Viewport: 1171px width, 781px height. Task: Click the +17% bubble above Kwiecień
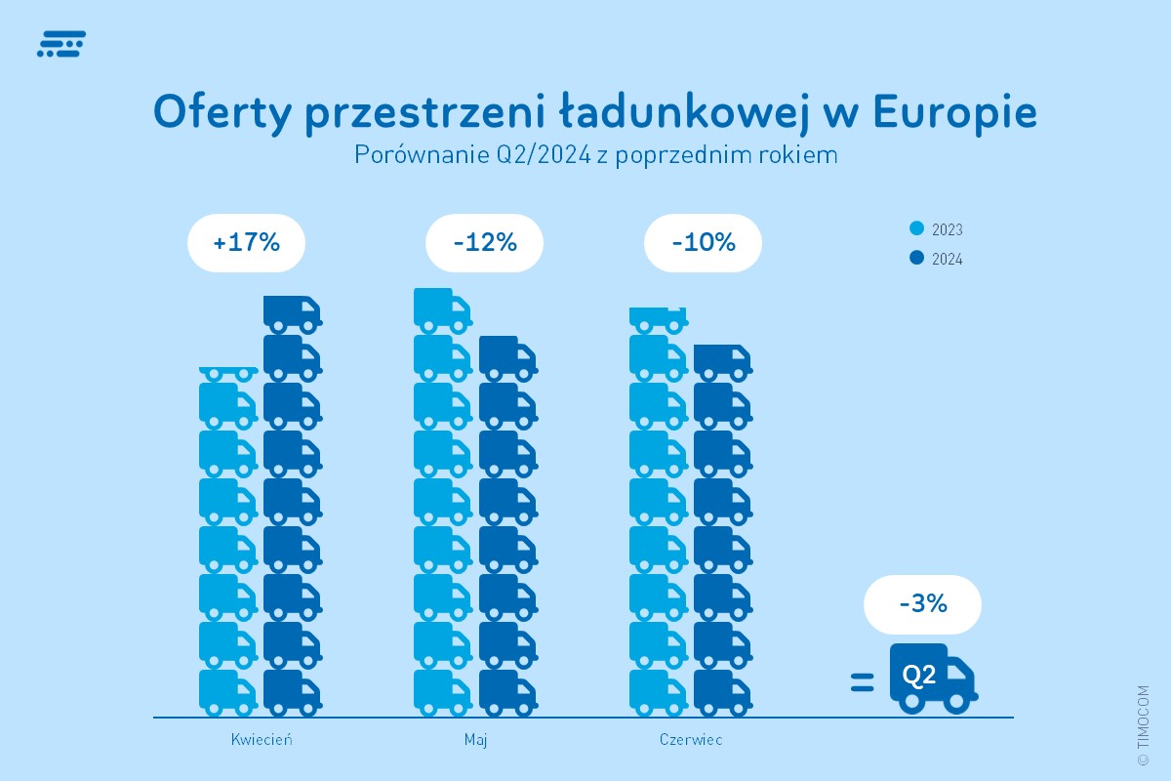pyautogui.click(x=246, y=242)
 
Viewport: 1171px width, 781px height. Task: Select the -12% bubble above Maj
pyautogui.click(x=484, y=242)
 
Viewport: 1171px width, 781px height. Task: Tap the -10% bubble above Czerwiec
pyautogui.click(x=703, y=242)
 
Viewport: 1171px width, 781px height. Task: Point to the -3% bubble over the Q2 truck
pyautogui.click(x=922, y=603)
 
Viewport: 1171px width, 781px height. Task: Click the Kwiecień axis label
pyautogui.click(x=262, y=739)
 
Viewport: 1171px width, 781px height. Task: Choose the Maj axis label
pyautogui.click(x=475, y=739)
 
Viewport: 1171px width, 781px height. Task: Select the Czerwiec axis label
pyautogui.click(x=691, y=739)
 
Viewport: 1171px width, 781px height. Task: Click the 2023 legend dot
pyautogui.click(x=916, y=229)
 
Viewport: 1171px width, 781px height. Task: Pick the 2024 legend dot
pyautogui.click(x=916, y=259)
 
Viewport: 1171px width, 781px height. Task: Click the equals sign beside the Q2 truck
pyautogui.click(x=862, y=682)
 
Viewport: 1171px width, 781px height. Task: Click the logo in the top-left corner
pyautogui.click(x=61, y=44)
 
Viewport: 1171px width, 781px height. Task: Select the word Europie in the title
pyautogui.click(x=953, y=113)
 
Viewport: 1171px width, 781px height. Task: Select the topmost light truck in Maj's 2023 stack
pyautogui.click(x=442, y=309)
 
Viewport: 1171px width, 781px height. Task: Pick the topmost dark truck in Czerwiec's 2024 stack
pyautogui.click(x=721, y=362)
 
